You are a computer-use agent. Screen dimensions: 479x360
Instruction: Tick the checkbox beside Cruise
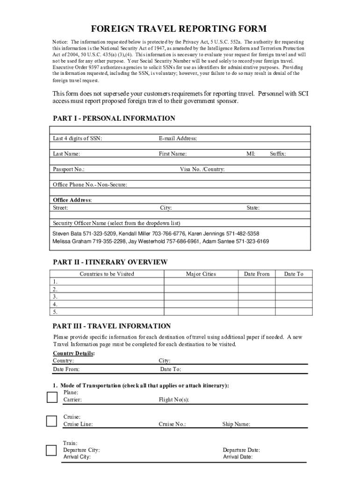point(51,421)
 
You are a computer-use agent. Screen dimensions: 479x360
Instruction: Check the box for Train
point(51,450)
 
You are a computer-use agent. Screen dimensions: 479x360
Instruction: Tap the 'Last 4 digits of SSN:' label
point(77,138)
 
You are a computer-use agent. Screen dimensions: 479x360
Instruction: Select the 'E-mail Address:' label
point(178,138)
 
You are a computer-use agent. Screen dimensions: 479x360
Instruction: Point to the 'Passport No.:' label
point(69,169)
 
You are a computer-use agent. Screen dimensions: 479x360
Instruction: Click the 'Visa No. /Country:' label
point(202,169)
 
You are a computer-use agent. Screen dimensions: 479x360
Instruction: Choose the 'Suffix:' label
point(278,153)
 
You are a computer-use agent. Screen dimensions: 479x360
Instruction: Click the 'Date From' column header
point(257,274)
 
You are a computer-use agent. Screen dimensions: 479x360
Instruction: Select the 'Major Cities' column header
point(201,274)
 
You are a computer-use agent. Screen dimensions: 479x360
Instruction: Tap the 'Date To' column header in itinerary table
point(294,274)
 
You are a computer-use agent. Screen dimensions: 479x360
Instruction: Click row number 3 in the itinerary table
point(55,297)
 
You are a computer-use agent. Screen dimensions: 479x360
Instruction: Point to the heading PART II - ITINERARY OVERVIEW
point(110,262)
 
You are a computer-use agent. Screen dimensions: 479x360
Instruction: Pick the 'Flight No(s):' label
point(174,400)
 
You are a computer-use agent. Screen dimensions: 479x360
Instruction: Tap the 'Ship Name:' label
point(236,424)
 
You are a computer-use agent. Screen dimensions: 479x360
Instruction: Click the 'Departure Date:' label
point(241,450)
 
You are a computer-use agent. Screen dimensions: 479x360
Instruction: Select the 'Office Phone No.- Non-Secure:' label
point(90,184)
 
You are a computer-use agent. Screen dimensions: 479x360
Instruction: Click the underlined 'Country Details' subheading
point(73,353)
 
